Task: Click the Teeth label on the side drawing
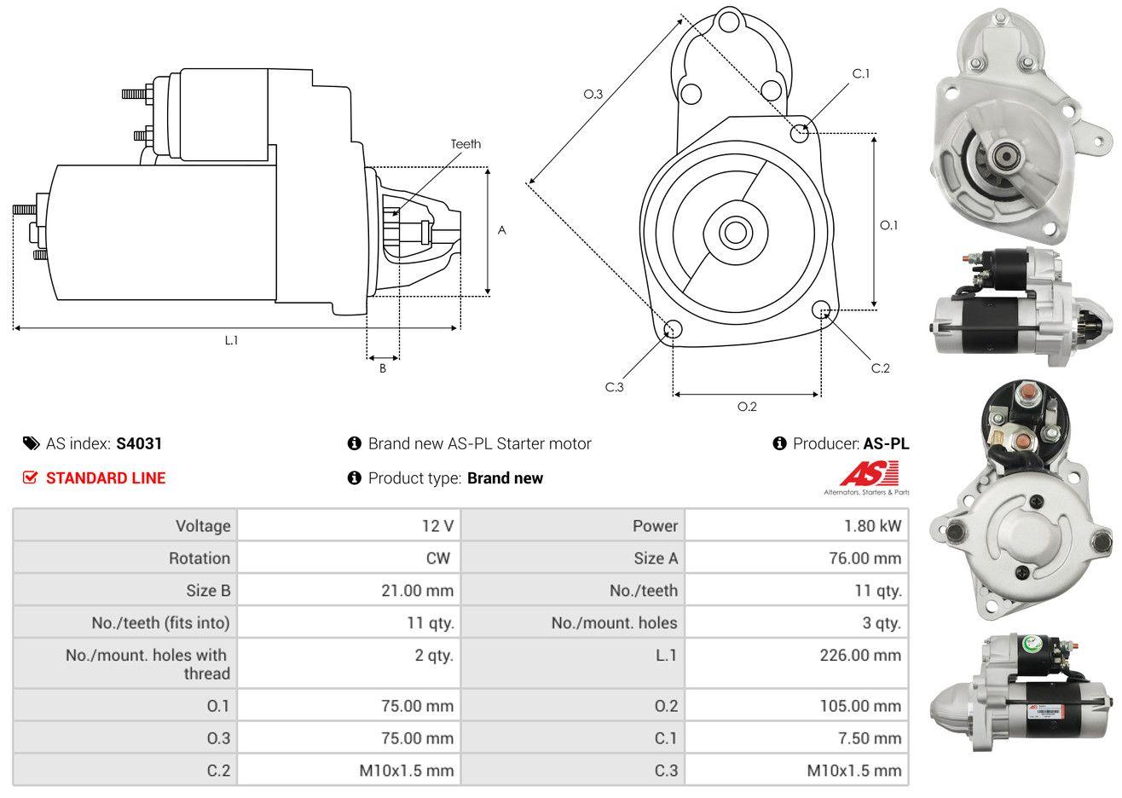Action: click(x=466, y=144)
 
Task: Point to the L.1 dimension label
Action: click(x=231, y=340)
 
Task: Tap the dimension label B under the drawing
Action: click(x=383, y=368)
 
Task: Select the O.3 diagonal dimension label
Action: click(x=593, y=94)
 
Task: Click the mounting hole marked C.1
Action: click(x=800, y=133)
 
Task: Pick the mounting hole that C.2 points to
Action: click(x=822, y=309)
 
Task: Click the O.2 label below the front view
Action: click(x=747, y=407)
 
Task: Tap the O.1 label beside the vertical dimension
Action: click(x=888, y=225)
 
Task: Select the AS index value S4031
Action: click(x=139, y=443)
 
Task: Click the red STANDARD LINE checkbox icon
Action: click(x=30, y=477)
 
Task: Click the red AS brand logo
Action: click(x=869, y=474)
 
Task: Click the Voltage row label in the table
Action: click(x=203, y=525)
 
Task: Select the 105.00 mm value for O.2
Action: click(x=860, y=705)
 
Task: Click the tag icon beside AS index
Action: click(x=31, y=443)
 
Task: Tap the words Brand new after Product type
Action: click(x=505, y=478)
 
